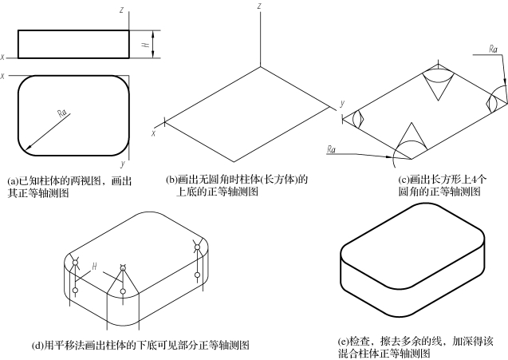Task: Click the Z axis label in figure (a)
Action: (x=120, y=9)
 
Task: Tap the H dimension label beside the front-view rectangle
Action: (x=145, y=45)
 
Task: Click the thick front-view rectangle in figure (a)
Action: (x=73, y=45)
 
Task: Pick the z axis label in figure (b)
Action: (x=260, y=6)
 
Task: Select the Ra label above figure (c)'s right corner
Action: (x=493, y=49)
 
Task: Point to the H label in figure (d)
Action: (x=94, y=265)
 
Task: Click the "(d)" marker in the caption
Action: (x=38, y=345)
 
